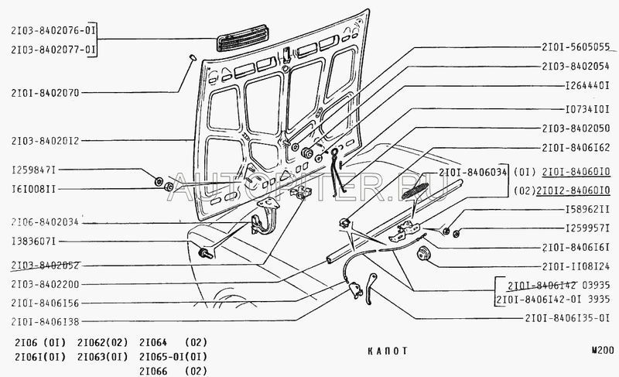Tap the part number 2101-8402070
(x=46, y=92)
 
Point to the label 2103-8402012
(x=46, y=141)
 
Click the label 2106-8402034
(x=46, y=222)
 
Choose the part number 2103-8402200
(x=46, y=284)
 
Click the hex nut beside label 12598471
(x=159, y=182)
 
